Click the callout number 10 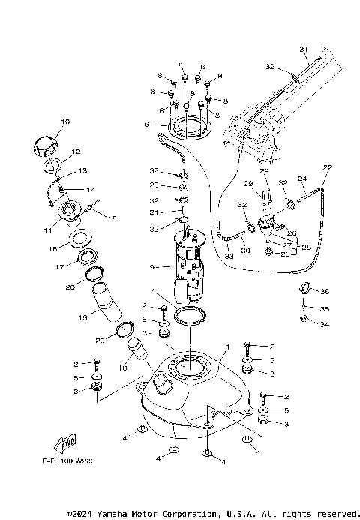[65, 121]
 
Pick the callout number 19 [82, 318]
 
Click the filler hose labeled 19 [106, 304]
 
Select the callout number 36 [325, 291]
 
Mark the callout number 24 [303, 179]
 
